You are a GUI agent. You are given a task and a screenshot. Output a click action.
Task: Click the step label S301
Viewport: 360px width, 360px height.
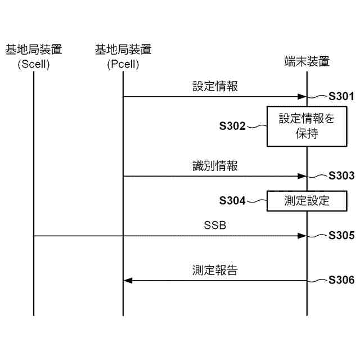[341, 96]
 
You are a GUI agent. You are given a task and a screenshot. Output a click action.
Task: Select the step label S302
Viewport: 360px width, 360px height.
[232, 125]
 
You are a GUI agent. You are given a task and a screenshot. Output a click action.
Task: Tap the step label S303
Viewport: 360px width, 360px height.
[341, 175]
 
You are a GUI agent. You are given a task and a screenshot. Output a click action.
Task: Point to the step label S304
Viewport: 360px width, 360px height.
[232, 200]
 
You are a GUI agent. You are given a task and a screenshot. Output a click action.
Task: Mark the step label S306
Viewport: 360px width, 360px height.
[341, 280]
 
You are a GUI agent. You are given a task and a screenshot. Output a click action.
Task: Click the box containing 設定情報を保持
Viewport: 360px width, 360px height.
[307, 126]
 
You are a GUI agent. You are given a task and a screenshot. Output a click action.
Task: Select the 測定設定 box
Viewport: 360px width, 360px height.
[307, 200]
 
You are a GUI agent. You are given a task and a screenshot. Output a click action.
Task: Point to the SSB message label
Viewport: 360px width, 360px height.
[215, 226]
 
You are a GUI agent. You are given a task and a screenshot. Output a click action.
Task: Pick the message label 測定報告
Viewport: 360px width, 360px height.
[215, 271]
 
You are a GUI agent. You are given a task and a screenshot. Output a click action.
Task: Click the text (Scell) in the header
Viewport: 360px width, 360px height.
[34, 64]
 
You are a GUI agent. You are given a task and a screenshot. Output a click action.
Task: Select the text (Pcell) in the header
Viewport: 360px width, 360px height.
[123, 64]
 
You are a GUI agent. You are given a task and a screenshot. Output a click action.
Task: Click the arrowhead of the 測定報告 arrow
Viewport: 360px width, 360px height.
[128, 280]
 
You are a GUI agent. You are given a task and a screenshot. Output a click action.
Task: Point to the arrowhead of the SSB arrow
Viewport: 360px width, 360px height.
[302, 236]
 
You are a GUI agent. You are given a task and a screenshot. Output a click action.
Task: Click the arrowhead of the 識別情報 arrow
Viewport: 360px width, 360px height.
[302, 176]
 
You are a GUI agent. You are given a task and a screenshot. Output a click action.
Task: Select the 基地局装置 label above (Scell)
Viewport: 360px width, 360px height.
[34, 50]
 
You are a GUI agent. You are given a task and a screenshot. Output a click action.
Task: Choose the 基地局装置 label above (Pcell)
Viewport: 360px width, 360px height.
[123, 50]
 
